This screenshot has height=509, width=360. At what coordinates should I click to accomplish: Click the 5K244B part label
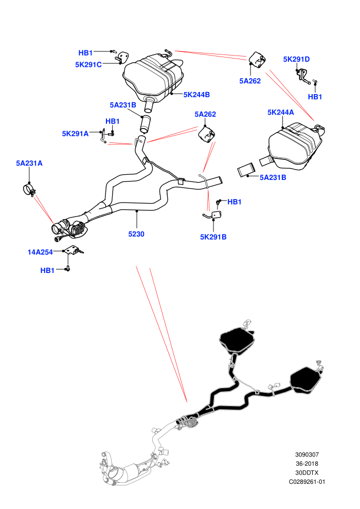196,95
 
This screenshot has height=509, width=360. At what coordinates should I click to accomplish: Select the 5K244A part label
280,112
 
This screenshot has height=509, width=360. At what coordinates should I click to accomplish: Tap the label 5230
136,234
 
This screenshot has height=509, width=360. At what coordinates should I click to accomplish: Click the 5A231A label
29,163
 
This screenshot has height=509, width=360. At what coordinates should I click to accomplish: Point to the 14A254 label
40,252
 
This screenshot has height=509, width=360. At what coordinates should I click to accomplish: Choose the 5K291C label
88,65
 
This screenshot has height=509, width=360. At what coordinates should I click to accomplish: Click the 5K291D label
296,59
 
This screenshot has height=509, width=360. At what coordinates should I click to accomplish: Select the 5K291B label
213,237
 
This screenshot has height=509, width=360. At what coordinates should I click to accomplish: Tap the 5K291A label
75,134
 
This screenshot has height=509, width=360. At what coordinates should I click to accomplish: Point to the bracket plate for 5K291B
217,214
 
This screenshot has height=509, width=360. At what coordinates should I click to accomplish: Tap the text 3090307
307,455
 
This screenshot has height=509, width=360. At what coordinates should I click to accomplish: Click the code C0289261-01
307,482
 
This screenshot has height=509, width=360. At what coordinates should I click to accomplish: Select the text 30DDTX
307,473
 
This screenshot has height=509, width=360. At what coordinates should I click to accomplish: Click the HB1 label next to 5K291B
235,202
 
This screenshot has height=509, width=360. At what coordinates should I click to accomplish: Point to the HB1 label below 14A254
47,270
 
